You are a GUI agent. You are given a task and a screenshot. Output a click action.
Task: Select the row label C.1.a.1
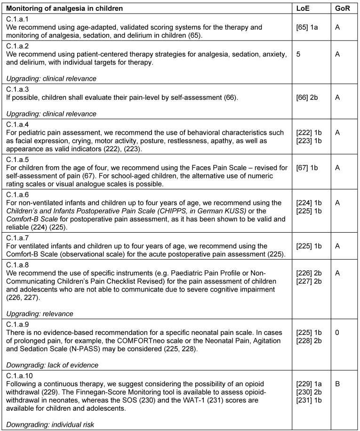(x=17, y=20)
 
